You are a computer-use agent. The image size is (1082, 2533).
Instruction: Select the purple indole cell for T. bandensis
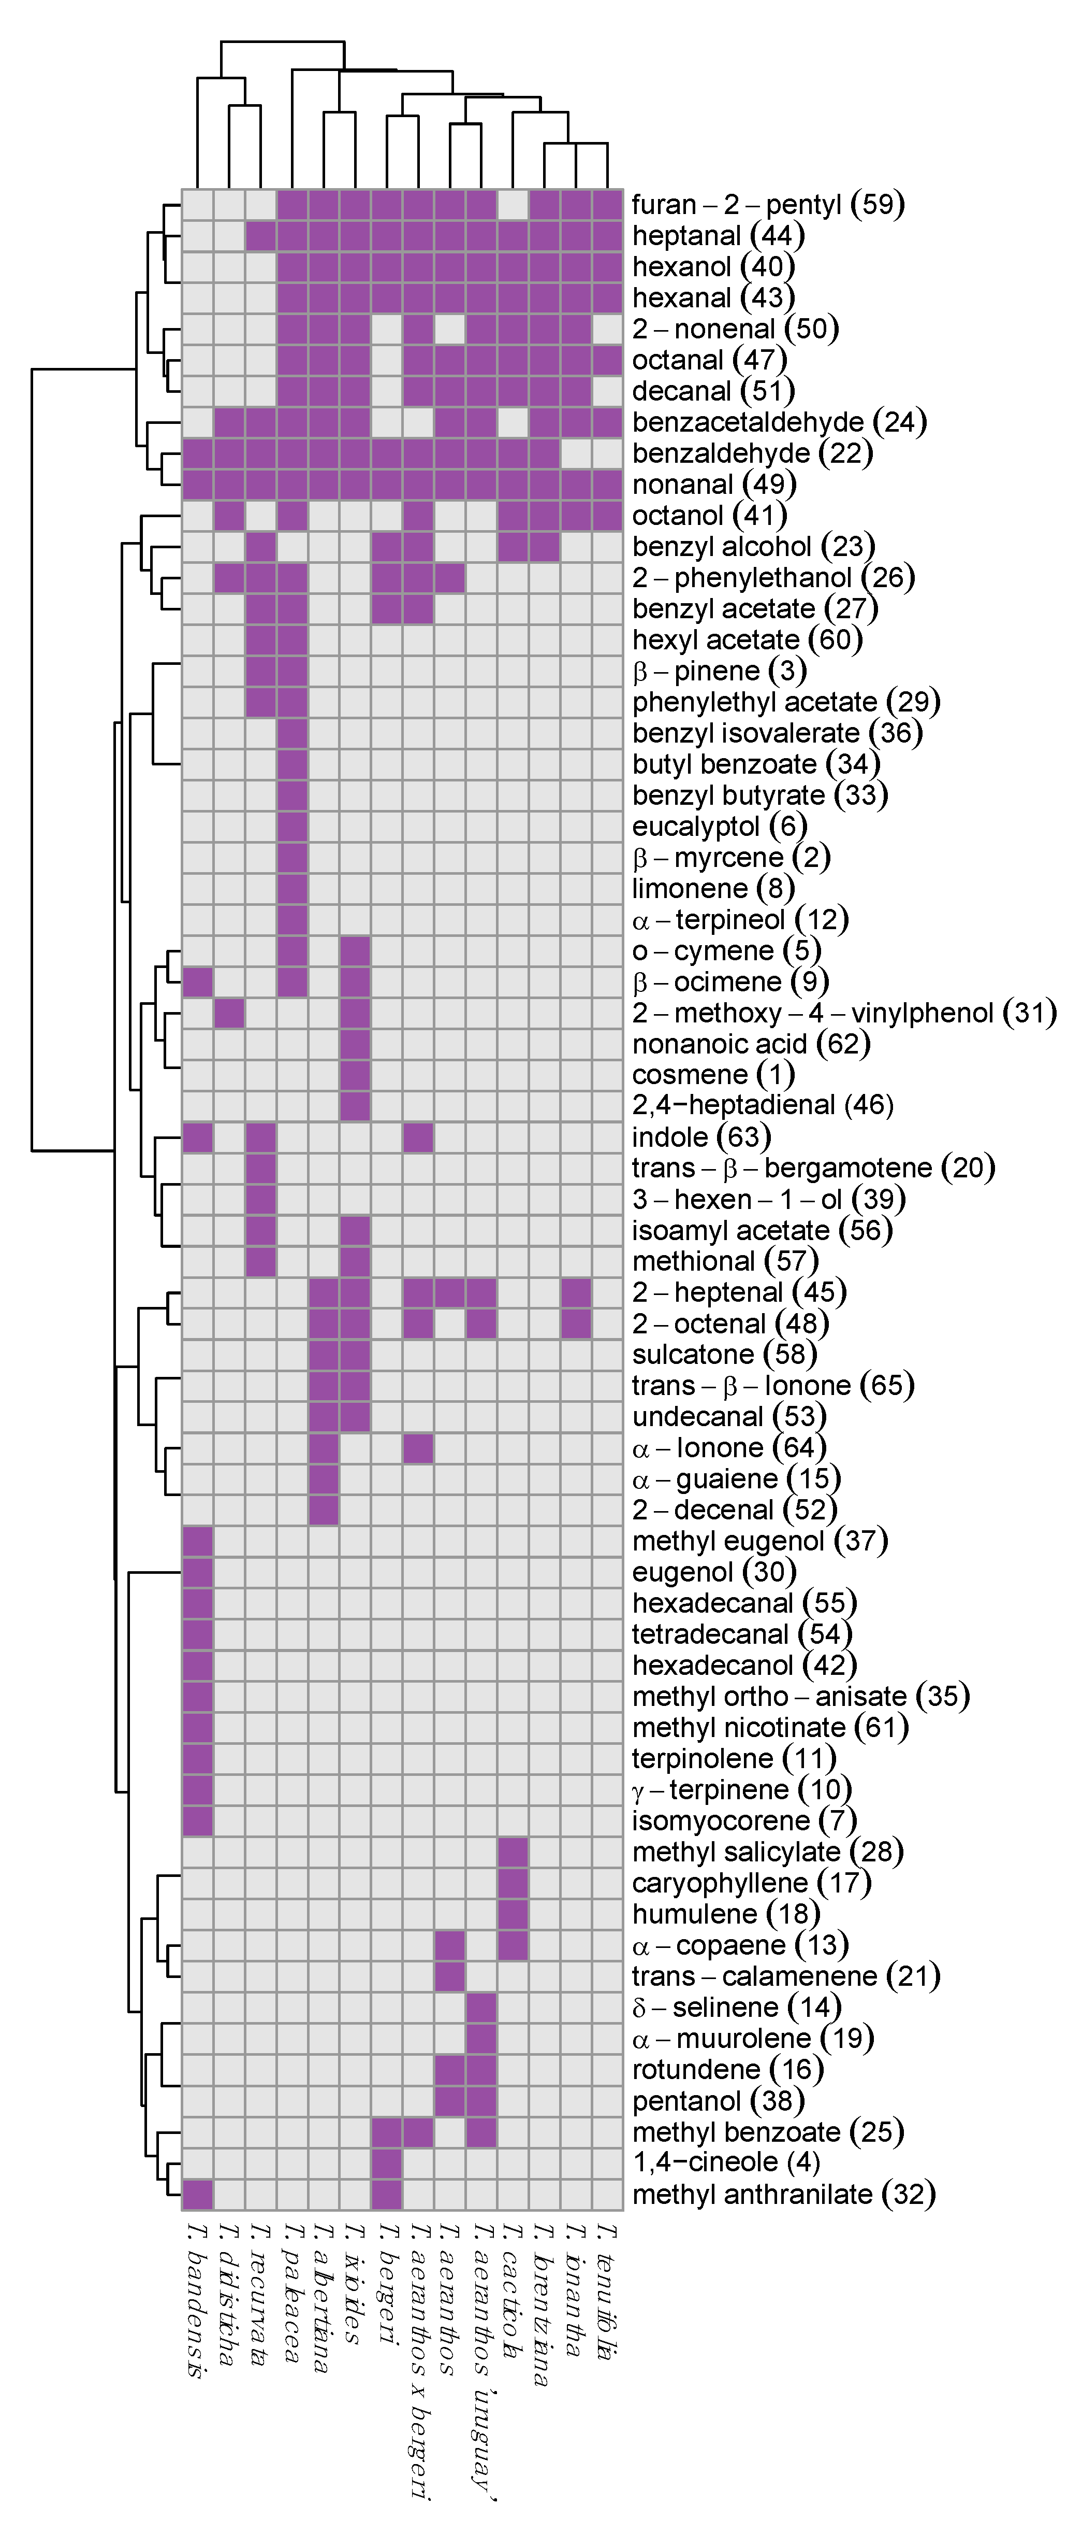click(x=198, y=1137)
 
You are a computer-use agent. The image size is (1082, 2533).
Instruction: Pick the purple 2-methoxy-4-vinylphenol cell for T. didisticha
click(x=229, y=1012)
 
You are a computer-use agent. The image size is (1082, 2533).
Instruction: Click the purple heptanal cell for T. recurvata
click(x=260, y=236)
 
